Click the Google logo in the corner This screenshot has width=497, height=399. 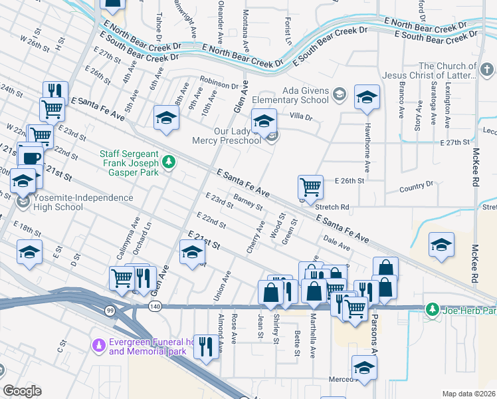click(22, 391)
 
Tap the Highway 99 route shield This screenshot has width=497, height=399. click(108, 310)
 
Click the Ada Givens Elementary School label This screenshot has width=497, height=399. click(305, 95)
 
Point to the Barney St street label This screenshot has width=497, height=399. click(249, 201)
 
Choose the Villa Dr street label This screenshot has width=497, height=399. click(300, 117)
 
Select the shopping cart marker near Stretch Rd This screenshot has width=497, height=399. click(310, 186)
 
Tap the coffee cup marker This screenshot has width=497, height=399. click(31, 158)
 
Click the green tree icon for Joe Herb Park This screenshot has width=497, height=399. click(432, 309)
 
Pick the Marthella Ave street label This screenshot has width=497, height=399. click(312, 339)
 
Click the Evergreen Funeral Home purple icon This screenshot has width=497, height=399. click(98, 345)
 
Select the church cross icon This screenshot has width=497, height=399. click(486, 70)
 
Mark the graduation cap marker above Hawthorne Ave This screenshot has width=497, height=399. click(366, 97)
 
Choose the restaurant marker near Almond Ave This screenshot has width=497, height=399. click(206, 346)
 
